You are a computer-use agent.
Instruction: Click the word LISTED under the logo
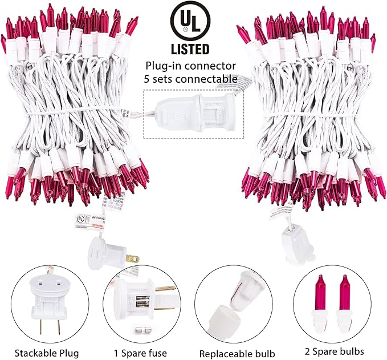[x=189, y=49]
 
